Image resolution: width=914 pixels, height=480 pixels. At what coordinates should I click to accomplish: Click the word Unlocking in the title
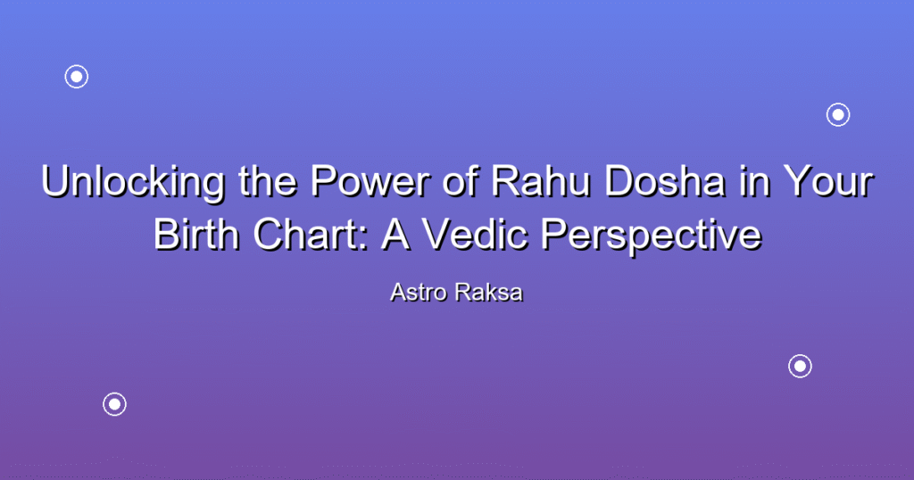(x=134, y=182)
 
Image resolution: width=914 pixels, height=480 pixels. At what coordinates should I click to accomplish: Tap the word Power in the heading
(x=371, y=180)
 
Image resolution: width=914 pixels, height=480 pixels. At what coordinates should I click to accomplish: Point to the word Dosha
(x=665, y=180)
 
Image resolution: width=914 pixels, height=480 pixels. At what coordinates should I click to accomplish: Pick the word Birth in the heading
(x=196, y=234)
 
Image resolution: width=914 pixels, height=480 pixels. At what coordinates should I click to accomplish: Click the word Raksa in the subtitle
(x=489, y=293)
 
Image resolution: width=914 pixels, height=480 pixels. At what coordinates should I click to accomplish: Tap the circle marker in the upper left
(x=77, y=77)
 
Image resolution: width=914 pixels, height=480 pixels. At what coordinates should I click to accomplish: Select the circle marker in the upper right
(x=838, y=115)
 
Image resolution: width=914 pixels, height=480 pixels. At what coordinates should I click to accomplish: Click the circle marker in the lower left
(x=115, y=404)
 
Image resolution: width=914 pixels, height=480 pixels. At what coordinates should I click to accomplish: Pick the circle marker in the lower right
(x=801, y=367)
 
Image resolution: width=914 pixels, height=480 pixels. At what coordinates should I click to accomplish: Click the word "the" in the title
(x=269, y=180)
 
